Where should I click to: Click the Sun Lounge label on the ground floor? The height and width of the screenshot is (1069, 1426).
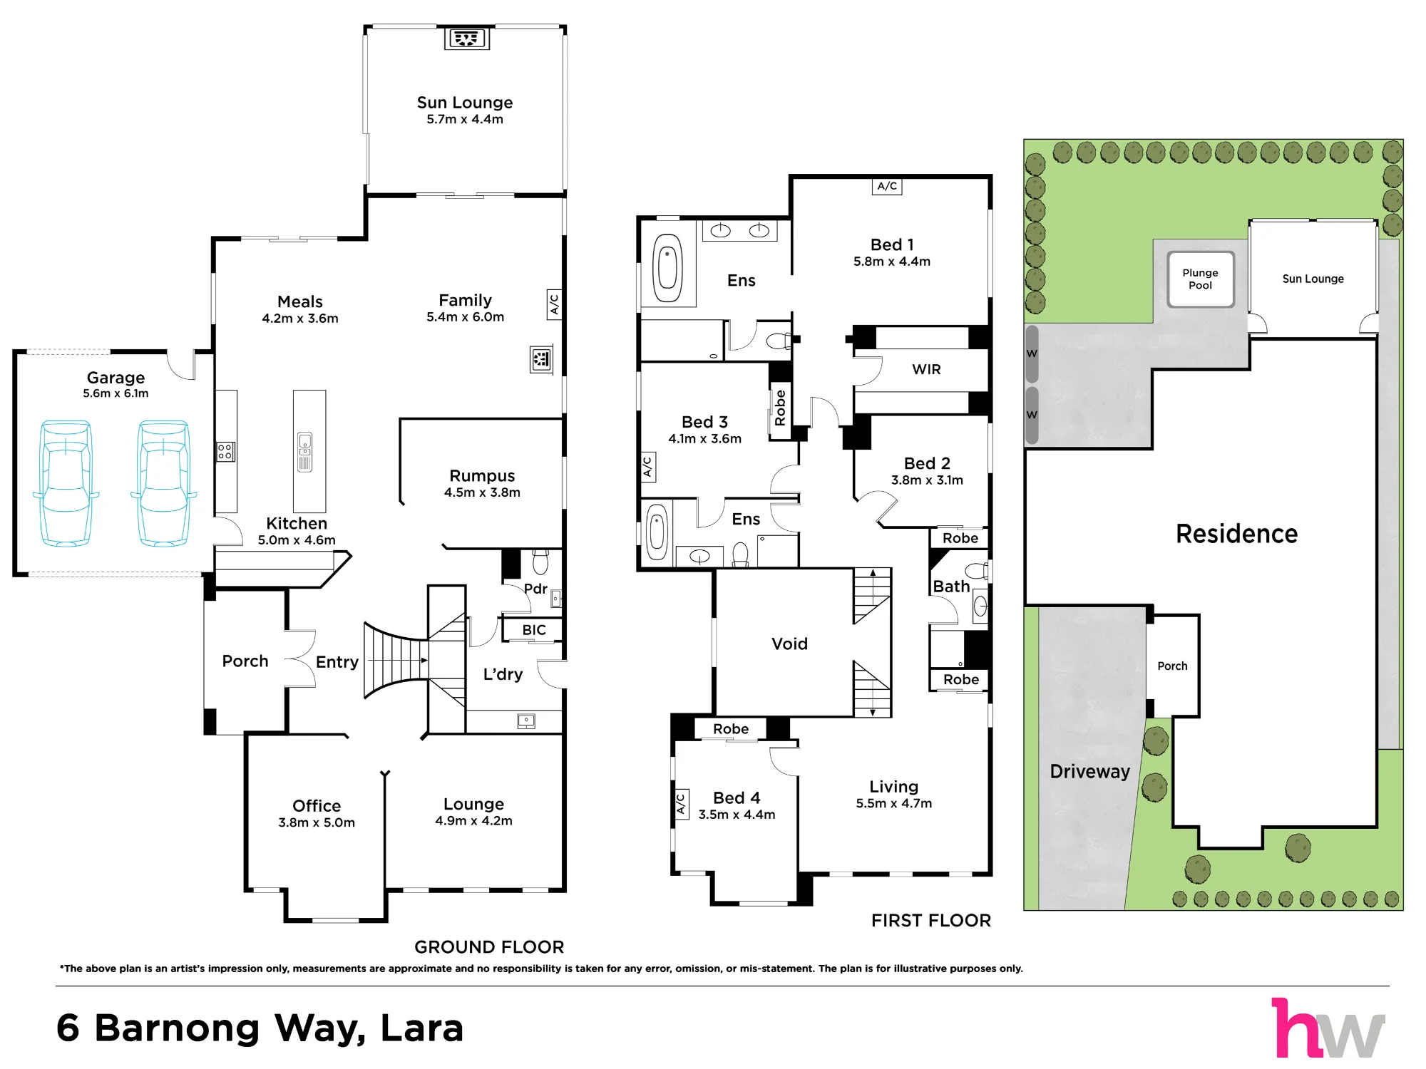click(465, 103)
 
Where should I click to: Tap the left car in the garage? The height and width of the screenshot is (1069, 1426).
click(66, 484)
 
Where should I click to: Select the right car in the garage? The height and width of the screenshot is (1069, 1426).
click(163, 484)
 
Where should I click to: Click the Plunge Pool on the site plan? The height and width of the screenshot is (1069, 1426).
click(1201, 279)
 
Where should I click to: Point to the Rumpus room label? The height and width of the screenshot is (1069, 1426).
click(482, 475)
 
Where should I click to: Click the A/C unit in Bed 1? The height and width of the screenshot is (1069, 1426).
click(887, 187)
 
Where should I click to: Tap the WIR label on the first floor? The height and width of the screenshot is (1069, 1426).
click(926, 369)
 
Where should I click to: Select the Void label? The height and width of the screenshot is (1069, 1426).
click(789, 644)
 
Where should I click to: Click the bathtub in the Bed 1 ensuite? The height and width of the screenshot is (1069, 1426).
click(667, 269)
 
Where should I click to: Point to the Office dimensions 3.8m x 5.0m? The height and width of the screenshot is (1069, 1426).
click(317, 822)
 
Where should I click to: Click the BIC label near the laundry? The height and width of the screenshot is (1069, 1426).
click(534, 630)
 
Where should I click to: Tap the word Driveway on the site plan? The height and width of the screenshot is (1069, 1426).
click(1090, 772)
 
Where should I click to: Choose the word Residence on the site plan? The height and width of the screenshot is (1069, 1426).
click(1237, 534)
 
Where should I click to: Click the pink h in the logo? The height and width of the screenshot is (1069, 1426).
click(1293, 1027)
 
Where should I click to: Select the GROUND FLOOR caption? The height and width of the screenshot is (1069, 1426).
click(489, 947)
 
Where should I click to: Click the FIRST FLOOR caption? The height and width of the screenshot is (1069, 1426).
click(931, 921)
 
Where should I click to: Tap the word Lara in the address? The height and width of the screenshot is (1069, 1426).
click(422, 1028)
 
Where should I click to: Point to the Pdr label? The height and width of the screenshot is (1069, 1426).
click(535, 589)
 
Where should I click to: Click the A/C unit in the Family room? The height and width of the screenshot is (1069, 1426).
click(554, 304)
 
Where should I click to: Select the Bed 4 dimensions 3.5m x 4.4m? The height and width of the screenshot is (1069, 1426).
click(737, 815)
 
